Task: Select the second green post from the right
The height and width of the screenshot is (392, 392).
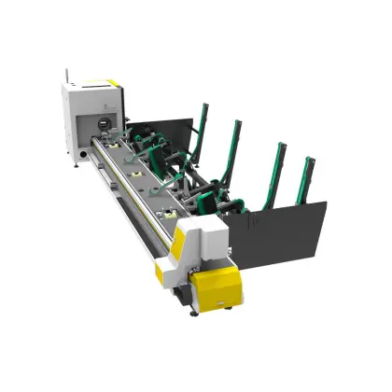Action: [x=276, y=166]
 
